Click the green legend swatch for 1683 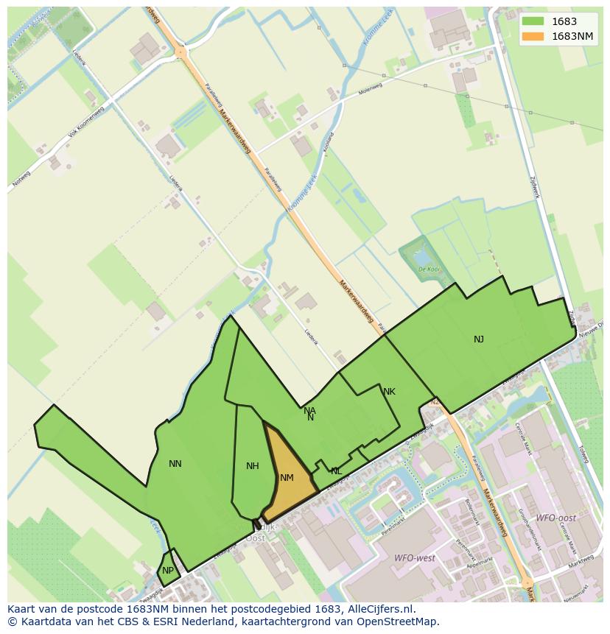click(533, 21)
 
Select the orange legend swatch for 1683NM click(533, 36)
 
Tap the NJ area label click(479, 339)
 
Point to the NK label click(389, 392)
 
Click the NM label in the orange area click(287, 478)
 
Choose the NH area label click(253, 465)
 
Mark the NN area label click(175, 463)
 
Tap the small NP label click(168, 571)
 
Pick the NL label click(336, 471)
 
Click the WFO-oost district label click(555, 518)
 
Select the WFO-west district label click(415, 558)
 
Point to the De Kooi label click(428, 270)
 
